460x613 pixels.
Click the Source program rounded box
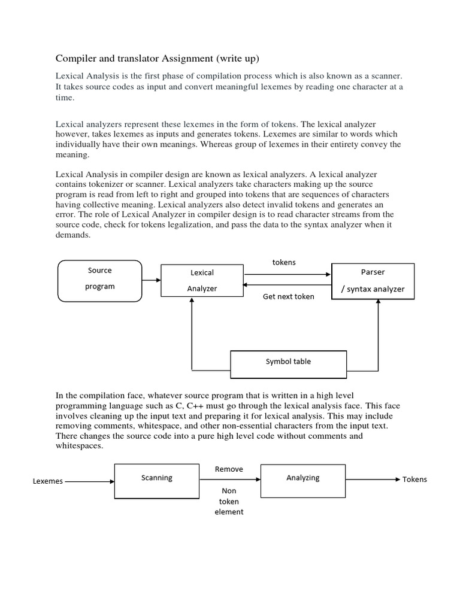[99, 280]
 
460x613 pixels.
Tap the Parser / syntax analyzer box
[373, 280]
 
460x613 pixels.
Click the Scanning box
[157, 480]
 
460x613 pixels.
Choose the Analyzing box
[303, 480]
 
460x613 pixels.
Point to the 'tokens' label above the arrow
[284, 262]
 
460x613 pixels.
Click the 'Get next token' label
[288, 297]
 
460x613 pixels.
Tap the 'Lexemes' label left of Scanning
[47, 481]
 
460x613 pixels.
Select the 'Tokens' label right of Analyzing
[414, 480]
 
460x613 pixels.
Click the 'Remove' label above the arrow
[229, 469]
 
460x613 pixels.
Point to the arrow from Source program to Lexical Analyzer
[152, 280]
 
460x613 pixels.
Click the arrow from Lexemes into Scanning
[89, 481]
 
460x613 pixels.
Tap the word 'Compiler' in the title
[77, 58]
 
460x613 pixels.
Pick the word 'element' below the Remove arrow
[229, 512]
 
